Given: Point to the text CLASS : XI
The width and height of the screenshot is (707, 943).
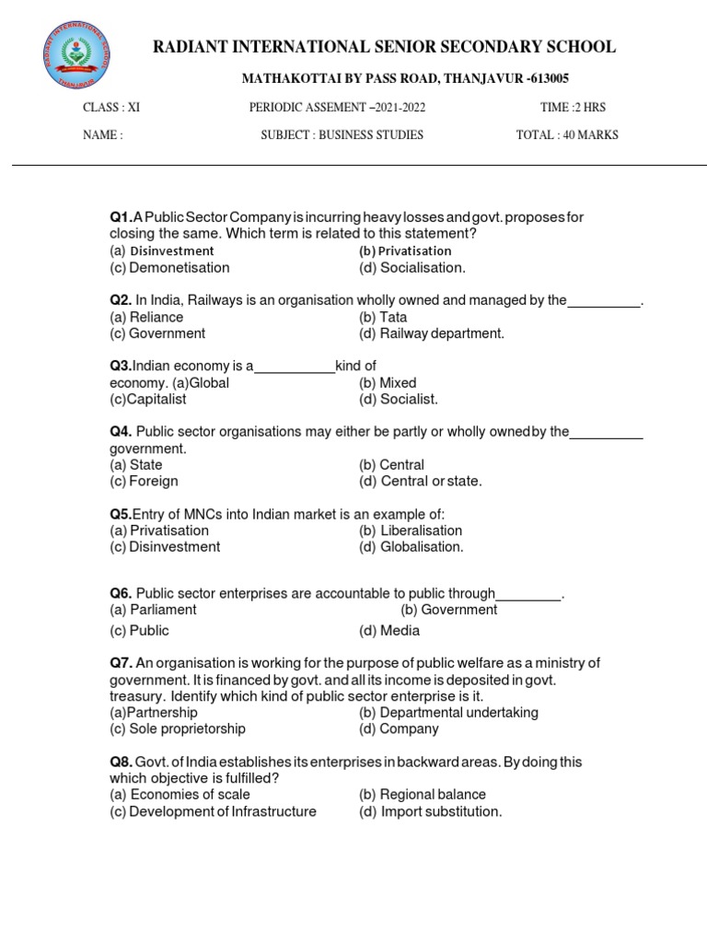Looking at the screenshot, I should [x=111, y=108].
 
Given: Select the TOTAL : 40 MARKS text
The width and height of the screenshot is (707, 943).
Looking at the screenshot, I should [x=567, y=135].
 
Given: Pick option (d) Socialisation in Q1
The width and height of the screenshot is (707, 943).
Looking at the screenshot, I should [x=412, y=268].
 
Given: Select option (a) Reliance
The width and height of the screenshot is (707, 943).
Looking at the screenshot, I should [x=146, y=317].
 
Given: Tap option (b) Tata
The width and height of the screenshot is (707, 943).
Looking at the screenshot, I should [x=383, y=317].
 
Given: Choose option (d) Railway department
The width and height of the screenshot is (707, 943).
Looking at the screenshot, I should [x=432, y=333].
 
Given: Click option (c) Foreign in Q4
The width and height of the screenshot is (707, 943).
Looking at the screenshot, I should [x=144, y=481].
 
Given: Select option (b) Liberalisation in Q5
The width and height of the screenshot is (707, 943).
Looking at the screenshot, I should [x=411, y=530].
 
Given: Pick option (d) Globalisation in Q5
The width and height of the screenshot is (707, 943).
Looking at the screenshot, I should [x=411, y=547].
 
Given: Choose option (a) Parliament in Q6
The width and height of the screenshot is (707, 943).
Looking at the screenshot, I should [x=153, y=610].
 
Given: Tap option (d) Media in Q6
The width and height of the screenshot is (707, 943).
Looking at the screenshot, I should [x=389, y=631].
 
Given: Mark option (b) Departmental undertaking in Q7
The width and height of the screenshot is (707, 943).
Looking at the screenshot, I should [x=448, y=713].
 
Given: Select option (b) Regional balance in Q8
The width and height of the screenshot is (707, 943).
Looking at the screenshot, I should [x=423, y=795].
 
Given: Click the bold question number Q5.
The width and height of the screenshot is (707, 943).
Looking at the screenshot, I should [x=121, y=514].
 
